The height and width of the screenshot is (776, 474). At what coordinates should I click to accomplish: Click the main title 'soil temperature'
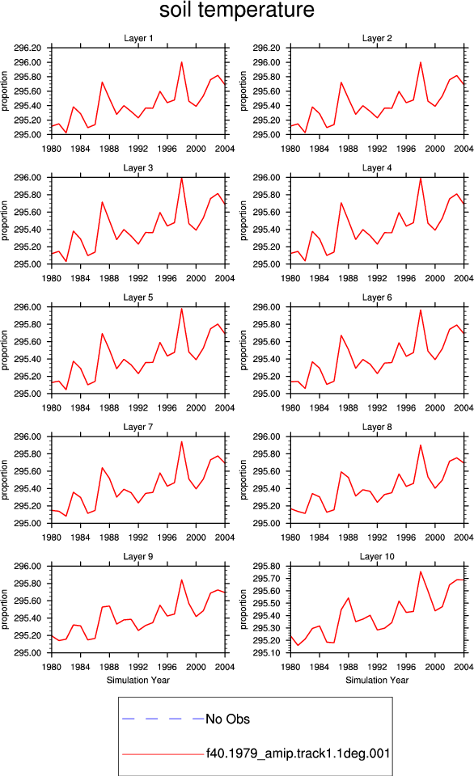[x=237, y=10]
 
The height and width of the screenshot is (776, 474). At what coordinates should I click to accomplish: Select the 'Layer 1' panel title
[x=138, y=38]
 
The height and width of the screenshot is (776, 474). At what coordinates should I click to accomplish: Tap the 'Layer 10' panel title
[x=377, y=556]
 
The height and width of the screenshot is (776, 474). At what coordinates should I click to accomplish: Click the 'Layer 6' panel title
[x=377, y=297]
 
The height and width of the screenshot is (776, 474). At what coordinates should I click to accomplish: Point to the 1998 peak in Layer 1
[x=182, y=62]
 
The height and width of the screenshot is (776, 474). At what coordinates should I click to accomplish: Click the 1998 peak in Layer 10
[x=421, y=571]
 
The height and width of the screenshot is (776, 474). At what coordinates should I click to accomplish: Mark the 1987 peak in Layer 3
[x=102, y=202]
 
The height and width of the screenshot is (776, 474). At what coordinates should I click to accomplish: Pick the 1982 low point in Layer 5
[x=66, y=390]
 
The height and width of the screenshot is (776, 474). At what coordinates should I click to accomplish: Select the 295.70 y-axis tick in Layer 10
[x=266, y=579]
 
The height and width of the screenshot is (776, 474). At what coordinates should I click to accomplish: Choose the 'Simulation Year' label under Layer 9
[x=138, y=680]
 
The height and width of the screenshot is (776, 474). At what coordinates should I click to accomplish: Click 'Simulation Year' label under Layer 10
[x=377, y=680]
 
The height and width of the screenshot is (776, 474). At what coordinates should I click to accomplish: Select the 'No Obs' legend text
[x=228, y=719]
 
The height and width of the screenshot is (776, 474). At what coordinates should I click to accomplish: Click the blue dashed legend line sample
[x=163, y=719]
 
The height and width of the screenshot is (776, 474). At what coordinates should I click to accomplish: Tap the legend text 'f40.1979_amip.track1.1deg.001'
[x=298, y=753]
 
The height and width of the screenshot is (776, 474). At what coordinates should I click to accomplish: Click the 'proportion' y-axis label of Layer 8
[x=243, y=479]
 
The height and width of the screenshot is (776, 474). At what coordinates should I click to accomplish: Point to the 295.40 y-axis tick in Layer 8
[x=266, y=488]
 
